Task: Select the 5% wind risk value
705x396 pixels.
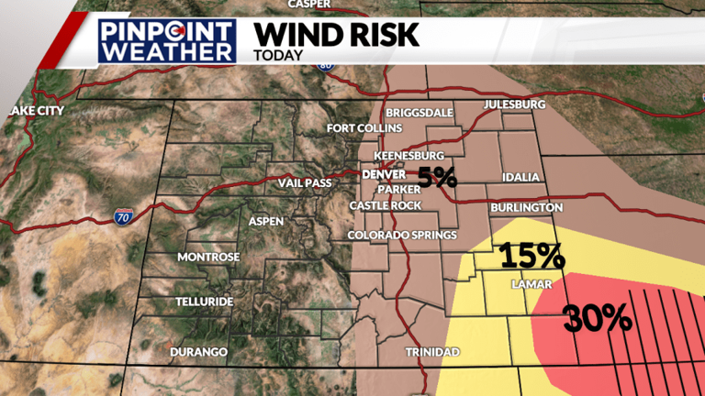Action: (438, 176)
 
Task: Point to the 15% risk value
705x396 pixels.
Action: (532, 254)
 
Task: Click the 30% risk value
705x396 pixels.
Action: (598, 318)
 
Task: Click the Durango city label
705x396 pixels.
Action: (198, 352)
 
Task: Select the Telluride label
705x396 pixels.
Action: (206, 302)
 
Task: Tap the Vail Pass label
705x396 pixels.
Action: (304, 183)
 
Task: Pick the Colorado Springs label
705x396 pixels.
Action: (402, 236)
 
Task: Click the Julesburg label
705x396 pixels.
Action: (514, 104)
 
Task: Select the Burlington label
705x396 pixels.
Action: (527, 208)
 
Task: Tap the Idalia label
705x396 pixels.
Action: (521, 177)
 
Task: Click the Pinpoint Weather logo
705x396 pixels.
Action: (167, 41)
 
